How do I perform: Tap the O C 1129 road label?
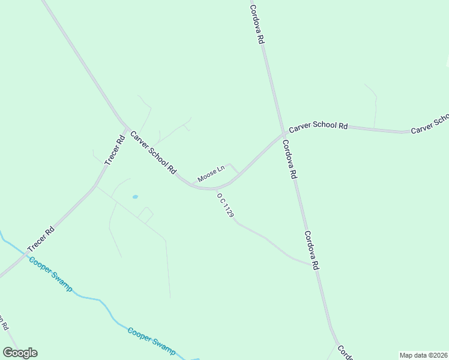coord(225,205)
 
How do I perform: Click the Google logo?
coord(20,353)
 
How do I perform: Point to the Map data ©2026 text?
coord(423,355)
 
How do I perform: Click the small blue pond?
coord(135,196)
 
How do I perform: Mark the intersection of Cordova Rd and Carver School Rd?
coord(283,134)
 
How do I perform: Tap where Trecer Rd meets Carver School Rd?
coord(125,128)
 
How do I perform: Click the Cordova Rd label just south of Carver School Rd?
coord(289,160)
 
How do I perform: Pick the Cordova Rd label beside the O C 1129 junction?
coord(310,250)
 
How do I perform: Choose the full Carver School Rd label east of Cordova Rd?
coord(318,127)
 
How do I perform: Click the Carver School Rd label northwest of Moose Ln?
coord(154,153)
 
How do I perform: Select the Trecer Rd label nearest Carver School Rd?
coord(114,150)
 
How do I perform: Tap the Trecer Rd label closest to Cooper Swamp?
coord(41,239)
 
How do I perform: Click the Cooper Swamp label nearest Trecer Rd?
coord(50,274)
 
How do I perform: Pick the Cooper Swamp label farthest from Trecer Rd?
coord(151,340)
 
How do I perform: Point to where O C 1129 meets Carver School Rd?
coord(214,188)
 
